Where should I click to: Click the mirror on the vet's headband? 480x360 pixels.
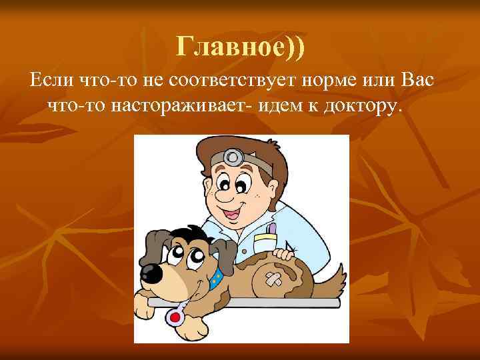234,157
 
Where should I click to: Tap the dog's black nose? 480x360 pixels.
152,271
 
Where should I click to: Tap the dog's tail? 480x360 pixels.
337,277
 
